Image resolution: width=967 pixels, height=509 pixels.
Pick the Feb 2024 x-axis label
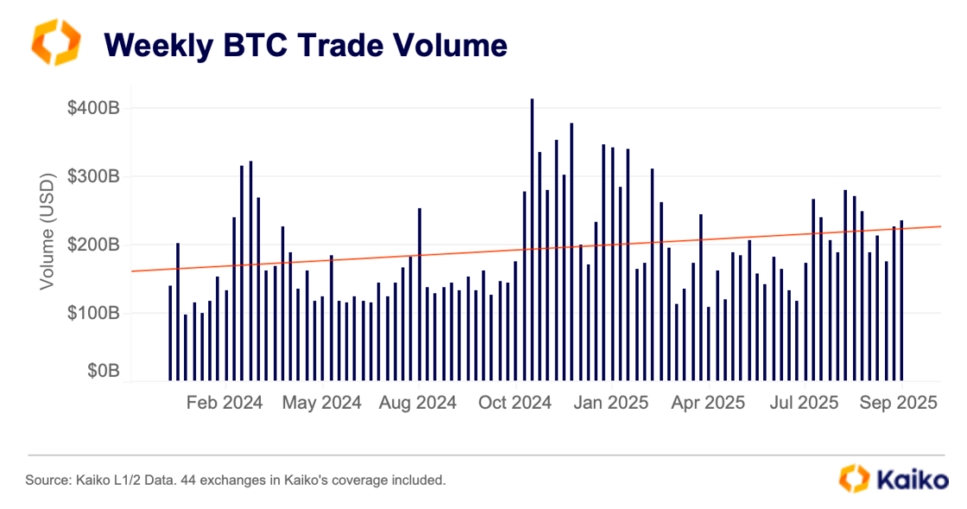(224, 403)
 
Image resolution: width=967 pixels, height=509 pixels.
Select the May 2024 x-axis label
(322, 403)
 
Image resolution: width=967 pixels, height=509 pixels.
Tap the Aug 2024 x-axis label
(418, 403)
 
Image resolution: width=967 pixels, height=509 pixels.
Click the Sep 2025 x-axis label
(899, 403)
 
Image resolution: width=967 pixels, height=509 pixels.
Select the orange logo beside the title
(55, 42)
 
